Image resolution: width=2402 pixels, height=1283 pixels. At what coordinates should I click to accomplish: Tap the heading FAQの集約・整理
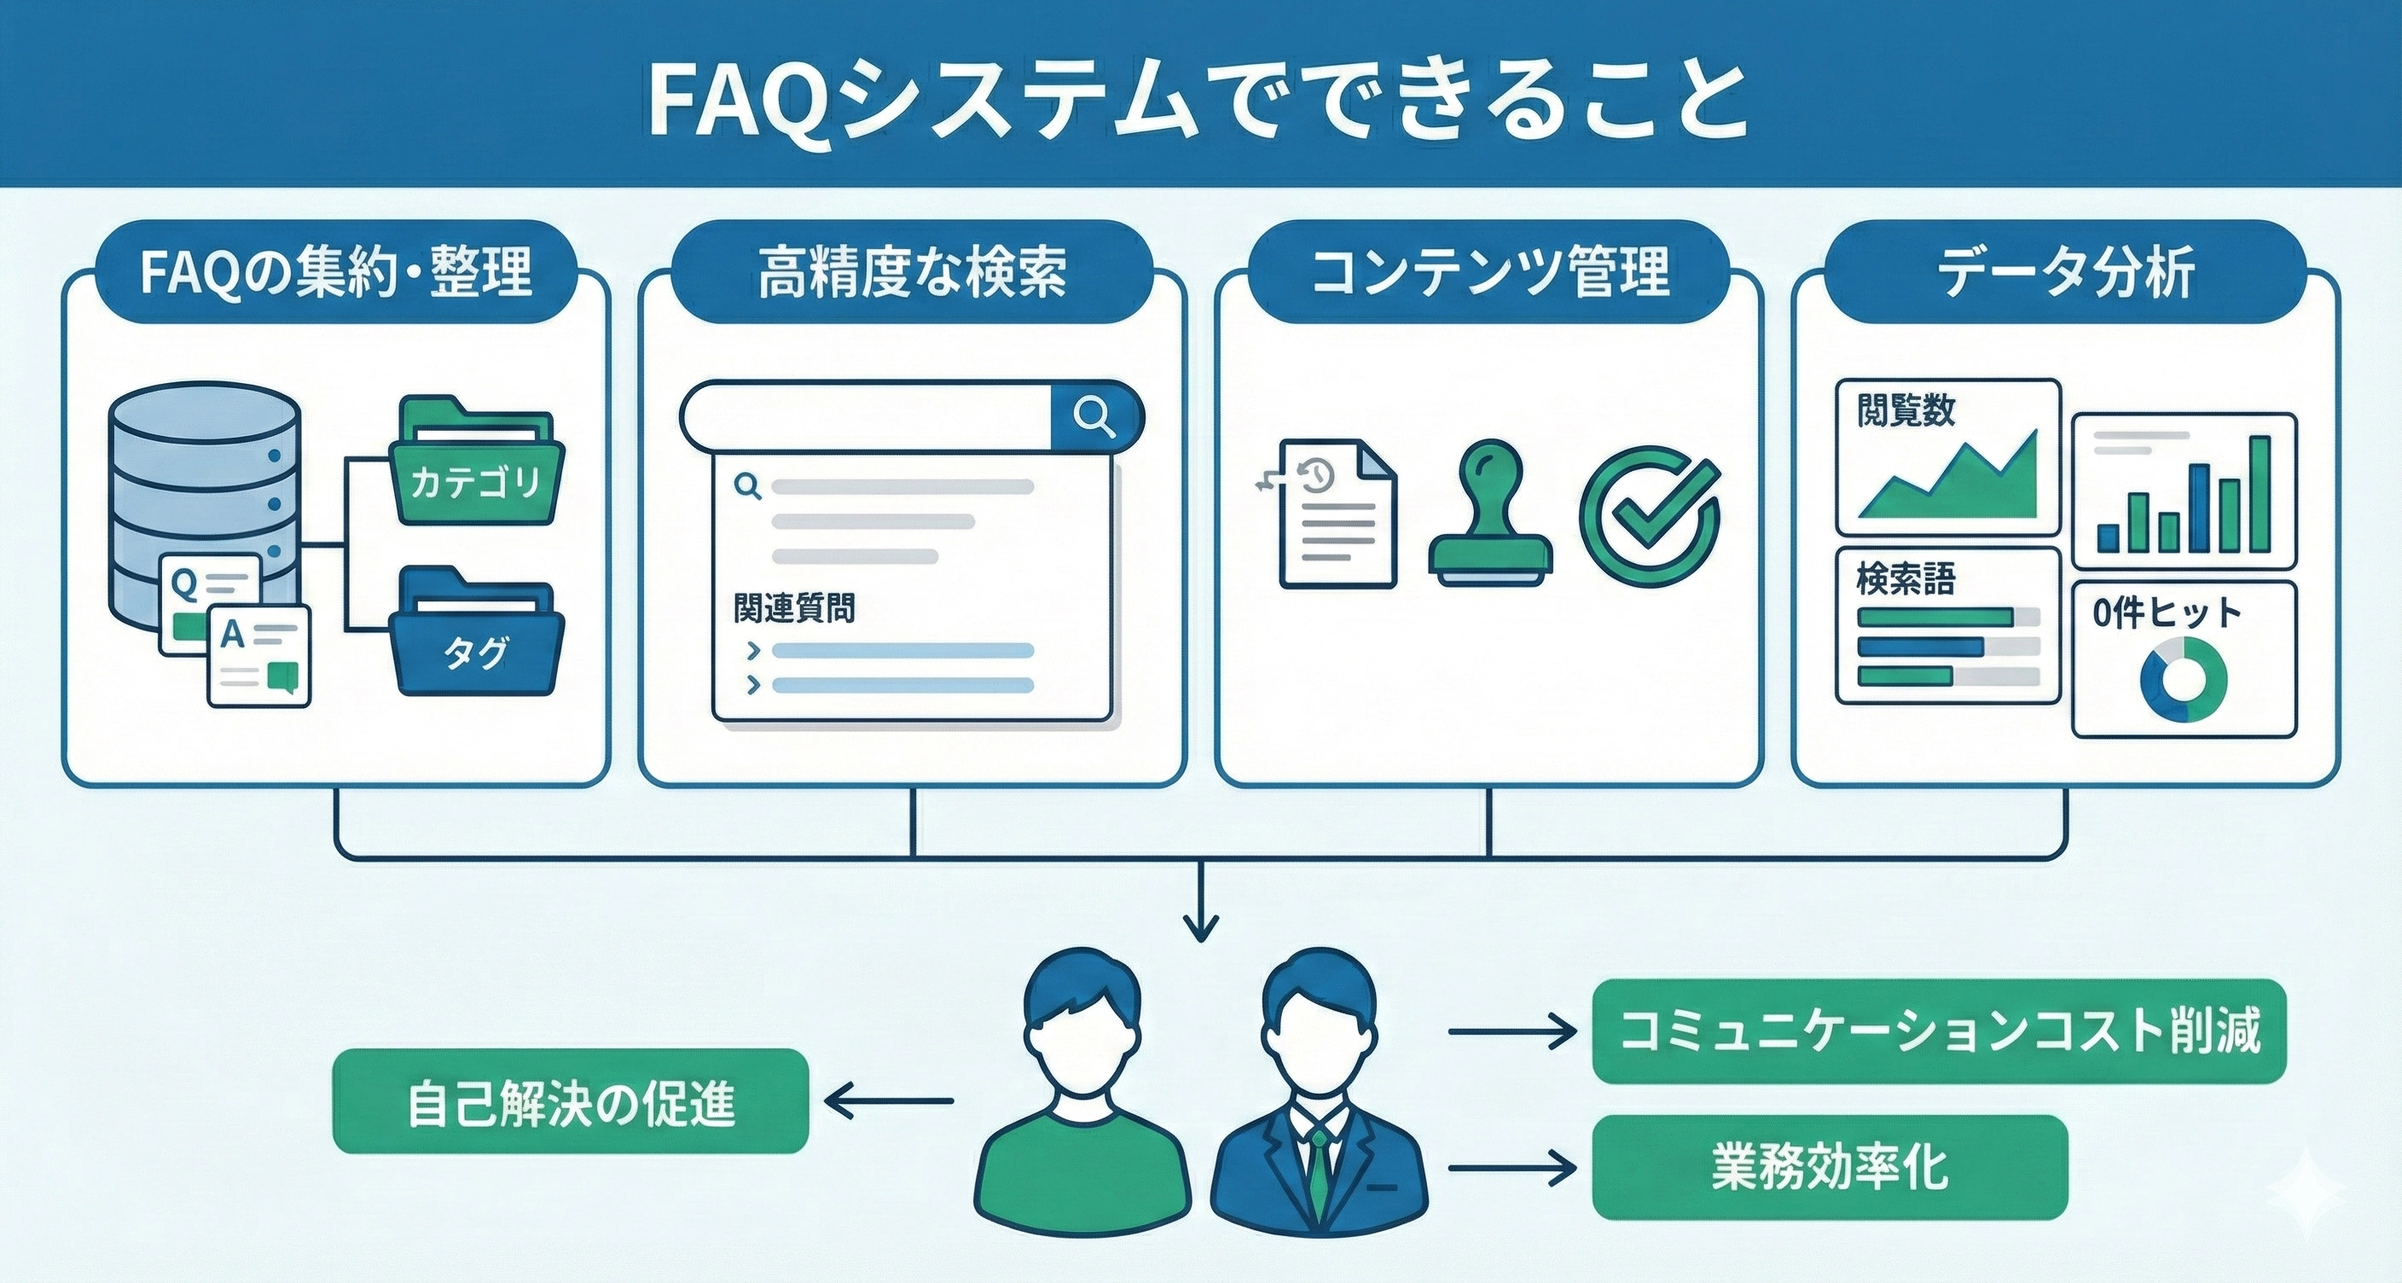tap(336, 272)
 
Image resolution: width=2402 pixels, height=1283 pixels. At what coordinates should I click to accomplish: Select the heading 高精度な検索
tap(912, 272)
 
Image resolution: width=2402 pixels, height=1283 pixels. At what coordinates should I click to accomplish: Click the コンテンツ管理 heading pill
tap(1489, 272)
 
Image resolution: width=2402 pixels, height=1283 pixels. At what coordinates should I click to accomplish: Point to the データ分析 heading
tap(2065, 272)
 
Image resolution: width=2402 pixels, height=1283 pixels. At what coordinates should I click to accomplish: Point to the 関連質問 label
tap(794, 608)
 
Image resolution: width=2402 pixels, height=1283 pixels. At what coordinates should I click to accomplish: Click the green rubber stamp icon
tap(1490, 518)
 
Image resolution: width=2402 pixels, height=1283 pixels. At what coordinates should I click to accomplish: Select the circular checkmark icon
tap(1649, 518)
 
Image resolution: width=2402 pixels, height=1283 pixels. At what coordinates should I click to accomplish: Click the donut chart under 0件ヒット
tap(2183, 680)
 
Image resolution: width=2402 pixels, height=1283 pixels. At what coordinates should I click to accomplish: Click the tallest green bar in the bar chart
tap(2260, 494)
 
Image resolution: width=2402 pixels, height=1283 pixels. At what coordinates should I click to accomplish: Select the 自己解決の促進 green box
tap(570, 1101)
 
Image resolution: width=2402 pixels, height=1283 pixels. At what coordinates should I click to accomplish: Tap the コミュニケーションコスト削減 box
tap(1940, 1030)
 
